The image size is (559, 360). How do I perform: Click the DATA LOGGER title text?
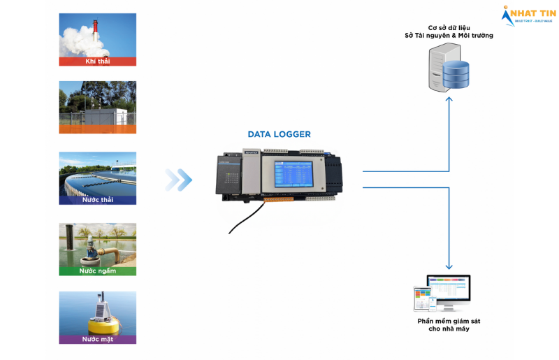pos(279,134)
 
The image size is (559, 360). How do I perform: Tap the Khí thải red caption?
pos(98,61)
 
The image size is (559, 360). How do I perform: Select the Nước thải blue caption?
pos(98,200)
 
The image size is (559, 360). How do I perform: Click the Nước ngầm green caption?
pos(98,271)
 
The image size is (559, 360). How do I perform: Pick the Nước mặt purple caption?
pos(98,339)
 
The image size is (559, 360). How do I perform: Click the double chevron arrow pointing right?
pos(178,180)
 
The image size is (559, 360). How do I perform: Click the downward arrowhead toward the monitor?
pos(449,266)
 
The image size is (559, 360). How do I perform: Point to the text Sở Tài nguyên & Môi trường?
pos(449,36)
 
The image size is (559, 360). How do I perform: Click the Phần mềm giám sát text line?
pos(449,321)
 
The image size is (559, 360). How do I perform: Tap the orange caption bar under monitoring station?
pos(98,129)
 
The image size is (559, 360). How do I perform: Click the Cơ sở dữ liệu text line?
pos(449,27)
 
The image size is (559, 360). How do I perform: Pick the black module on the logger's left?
pos(228,175)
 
